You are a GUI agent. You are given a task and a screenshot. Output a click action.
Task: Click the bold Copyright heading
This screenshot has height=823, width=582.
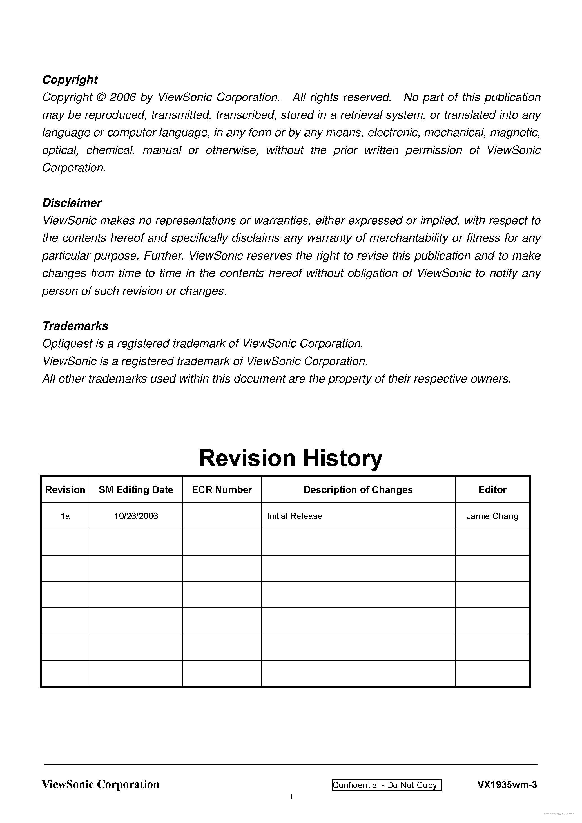(70, 80)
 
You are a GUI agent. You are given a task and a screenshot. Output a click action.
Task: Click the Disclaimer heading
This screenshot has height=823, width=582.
(72, 203)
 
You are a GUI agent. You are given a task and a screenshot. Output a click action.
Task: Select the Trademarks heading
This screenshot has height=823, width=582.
(75, 326)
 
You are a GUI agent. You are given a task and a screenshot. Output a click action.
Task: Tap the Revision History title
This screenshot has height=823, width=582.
(291, 458)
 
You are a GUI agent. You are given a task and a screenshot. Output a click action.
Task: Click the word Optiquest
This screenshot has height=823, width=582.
(67, 343)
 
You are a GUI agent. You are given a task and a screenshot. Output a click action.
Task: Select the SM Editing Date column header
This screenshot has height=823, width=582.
(136, 490)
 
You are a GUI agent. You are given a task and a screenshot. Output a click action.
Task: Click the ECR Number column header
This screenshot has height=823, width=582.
(222, 490)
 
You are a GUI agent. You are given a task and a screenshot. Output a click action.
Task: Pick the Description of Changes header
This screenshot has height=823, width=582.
(358, 490)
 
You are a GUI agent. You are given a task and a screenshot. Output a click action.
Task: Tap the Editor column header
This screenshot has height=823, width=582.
(492, 490)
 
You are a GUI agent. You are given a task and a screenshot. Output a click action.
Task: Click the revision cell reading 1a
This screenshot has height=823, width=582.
(65, 516)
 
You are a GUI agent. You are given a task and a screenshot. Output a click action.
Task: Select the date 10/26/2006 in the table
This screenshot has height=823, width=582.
(136, 516)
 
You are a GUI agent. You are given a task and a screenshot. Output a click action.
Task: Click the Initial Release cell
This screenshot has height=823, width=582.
(295, 516)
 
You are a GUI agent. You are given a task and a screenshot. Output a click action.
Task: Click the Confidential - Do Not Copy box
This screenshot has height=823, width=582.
(387, 785)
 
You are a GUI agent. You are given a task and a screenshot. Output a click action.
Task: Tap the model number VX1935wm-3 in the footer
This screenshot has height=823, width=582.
(507, 785)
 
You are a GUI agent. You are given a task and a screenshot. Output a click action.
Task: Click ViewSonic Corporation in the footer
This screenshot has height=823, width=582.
(101, 785)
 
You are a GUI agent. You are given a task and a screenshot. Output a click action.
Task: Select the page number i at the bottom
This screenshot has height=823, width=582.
(291, 796)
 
